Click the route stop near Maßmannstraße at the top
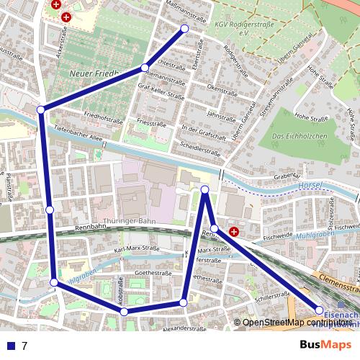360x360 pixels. [184, 29]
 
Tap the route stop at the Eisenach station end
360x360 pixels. [320, 310]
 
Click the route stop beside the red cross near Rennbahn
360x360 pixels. [214, 228]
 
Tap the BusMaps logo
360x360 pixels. [325, 345]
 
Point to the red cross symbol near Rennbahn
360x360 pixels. [233, 232]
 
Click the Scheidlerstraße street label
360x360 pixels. [201, 152]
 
